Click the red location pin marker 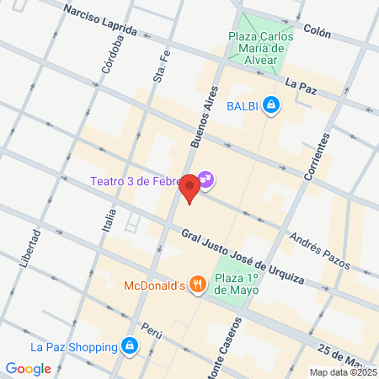tap(190, 188)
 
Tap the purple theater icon tap(206, 179)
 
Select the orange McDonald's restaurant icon tap(197, 285)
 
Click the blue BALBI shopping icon tap(270, 105)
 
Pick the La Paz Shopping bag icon tap(129, 346)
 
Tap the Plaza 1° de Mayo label tap(236, 284)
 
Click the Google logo tap(28, 368)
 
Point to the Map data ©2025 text tap(342, 372)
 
